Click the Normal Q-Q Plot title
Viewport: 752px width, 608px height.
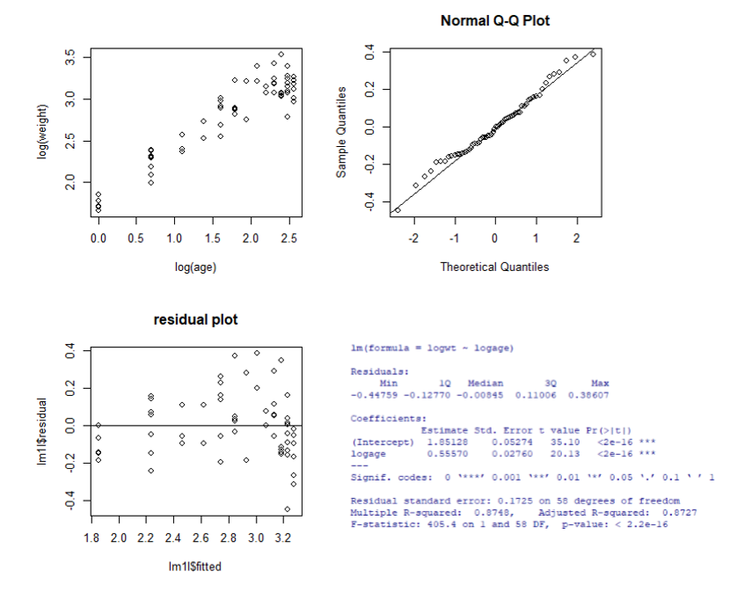pyautogui.click(x=495, y=20)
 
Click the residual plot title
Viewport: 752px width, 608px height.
pyautogui.click(x=195, y=319)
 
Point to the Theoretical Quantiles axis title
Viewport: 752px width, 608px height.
pyautogui.click(x=495, y=267)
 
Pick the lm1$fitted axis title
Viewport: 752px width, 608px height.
pyautogui.click(x=195, y=567)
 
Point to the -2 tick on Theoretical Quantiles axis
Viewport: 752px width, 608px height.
pyautogui.click(x=413, y=238)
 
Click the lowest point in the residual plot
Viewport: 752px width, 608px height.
pyautogui.click(x=287, y=509)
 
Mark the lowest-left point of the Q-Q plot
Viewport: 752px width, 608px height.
pyautogui.click(x=398, y=210)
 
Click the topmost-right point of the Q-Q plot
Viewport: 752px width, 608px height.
pyautogui.click(x=593, y=54)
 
